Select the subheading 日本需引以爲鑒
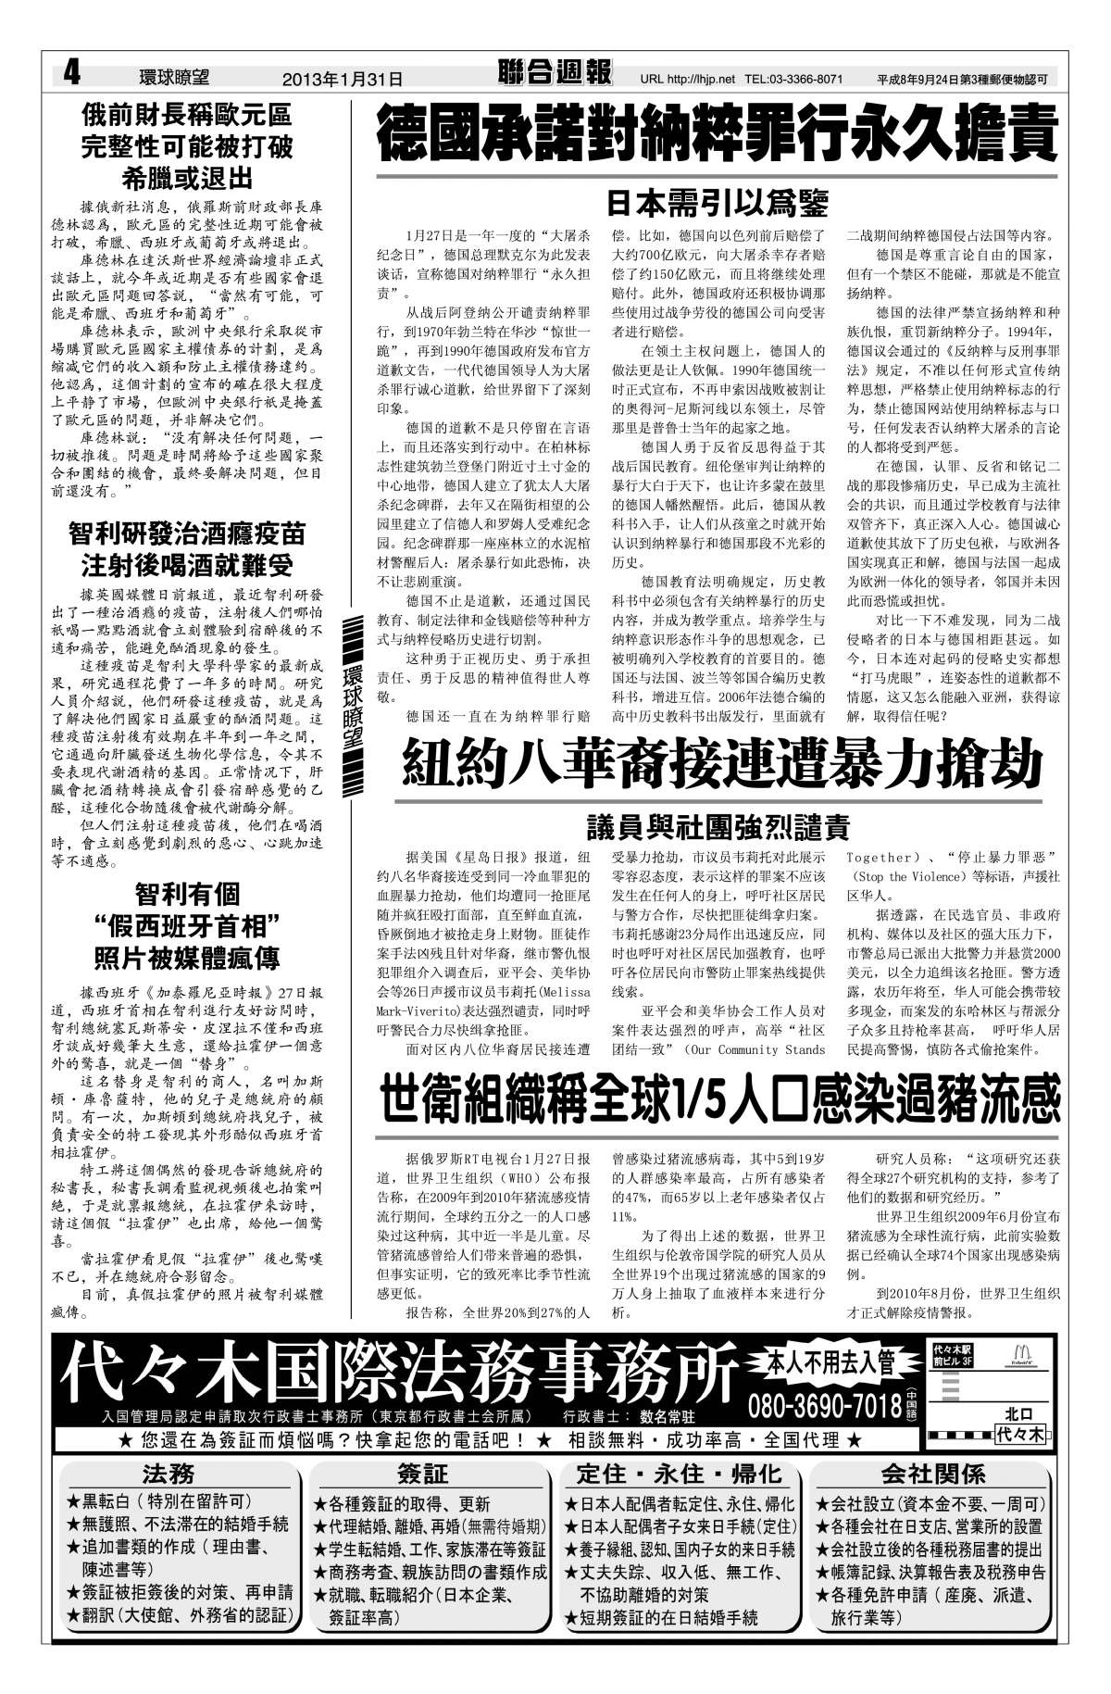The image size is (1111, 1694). pyautogui.click(x=717, y=201)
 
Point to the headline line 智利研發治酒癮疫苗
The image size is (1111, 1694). pyautogui.click(x=187, y=533)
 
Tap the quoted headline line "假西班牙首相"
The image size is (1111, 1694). pyautogui.click(x=187, y=925)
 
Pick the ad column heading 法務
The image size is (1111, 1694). pyautogui.click(x=169, y=1474)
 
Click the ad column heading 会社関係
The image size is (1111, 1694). pyautogui.click(x=931, y=1474)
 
